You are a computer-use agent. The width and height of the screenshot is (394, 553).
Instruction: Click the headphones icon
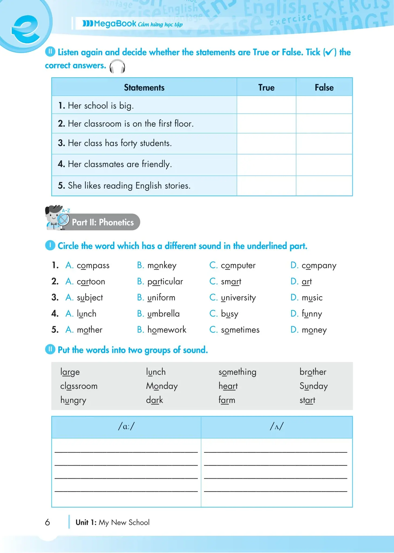(x=117, y=66)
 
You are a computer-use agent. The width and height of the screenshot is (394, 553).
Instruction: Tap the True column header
(x=266, y=87)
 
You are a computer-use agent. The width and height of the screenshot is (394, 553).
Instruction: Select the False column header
(x=324, y=87)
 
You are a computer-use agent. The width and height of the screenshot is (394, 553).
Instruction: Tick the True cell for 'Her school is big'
(x=266, y=105)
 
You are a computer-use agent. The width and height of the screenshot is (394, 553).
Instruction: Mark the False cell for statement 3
(x=324, y=143)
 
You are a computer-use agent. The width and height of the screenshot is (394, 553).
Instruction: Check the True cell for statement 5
(x=266, y=186)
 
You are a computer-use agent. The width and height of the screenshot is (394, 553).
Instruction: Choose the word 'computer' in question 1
(x=238, y=266)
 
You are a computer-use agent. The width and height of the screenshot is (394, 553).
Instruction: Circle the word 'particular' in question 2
(x=165, y=282)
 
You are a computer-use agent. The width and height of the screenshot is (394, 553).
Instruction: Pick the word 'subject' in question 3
(x=90, y=298)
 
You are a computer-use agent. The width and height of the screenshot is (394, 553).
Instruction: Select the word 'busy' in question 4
(x=229, y=314)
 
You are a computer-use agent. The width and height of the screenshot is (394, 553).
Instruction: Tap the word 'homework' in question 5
(x=167, y=330)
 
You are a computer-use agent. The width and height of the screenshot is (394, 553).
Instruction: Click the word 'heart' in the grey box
(x=228, y=386)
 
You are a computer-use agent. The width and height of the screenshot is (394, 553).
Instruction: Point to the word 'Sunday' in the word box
(x=314, y=386)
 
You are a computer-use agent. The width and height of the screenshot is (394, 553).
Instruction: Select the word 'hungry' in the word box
(x=73, y=400)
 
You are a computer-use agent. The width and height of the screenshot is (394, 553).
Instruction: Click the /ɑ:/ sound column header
(x=126, y=427)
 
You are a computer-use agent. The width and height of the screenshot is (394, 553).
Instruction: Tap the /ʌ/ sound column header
(x=277, y=427)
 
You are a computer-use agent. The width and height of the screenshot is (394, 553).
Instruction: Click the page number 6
(x=47, y=522)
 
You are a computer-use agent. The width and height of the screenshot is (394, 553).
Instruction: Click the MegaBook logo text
(x=115, y=24)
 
